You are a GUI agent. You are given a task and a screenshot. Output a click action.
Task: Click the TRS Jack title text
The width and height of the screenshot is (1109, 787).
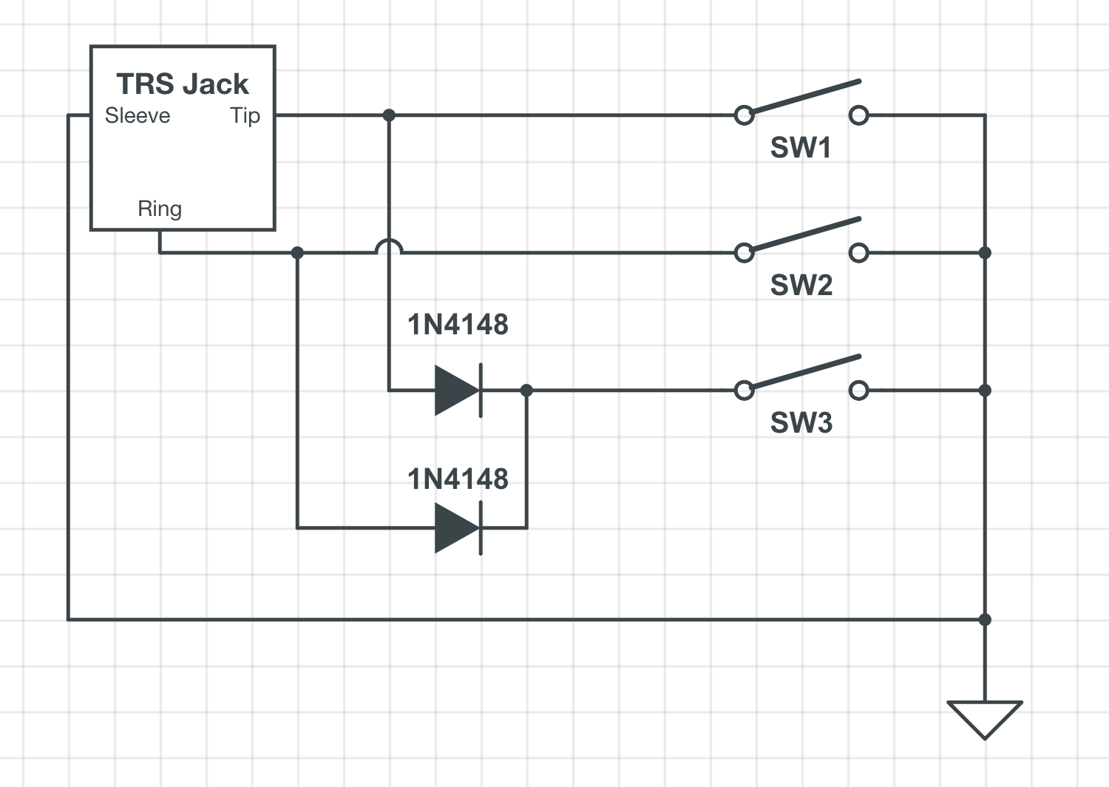pyautogui.click(x=182, y=84)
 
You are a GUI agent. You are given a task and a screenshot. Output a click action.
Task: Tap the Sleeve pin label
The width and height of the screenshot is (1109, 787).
pyautogui.click(x=138, y=116)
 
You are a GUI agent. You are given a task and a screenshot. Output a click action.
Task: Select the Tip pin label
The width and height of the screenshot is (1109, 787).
pyautogui.click(x=245, y=116)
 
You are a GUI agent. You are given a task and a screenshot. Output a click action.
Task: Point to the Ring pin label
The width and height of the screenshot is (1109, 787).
pyautogui.click(x=160, y=209)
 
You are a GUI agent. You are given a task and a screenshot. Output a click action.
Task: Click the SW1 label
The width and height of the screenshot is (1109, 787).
pyautogui.click(x=801, y=148)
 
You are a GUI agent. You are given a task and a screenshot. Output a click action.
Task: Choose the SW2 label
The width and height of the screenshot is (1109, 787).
pyautogui.click(x=801, y=286)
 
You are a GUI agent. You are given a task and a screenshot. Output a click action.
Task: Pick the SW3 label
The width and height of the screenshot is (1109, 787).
pyautogui.click(x=801, y=423)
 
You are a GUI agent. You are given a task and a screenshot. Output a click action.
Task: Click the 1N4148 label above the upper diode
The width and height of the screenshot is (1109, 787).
pyautogui.click(x=458, y=325)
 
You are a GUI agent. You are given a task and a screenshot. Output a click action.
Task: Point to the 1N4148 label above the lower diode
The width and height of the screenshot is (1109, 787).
pyautogui.click(x=458, y=479)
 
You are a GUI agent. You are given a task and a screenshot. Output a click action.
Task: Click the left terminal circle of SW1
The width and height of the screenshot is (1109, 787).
pyautogui.click(x=744, y=115)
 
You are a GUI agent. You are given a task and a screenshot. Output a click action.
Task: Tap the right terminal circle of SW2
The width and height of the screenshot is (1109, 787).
pyautogui.click(x=858, y=253)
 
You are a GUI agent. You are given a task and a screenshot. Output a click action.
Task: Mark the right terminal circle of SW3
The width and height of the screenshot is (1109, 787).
pyautogui.click(x=858, y=391)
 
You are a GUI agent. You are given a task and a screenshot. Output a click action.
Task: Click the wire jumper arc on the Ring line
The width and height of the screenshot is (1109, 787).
pyautogui.click(x=389, y=247)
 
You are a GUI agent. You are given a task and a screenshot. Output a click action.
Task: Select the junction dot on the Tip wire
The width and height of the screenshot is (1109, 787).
pyautogui.click(x=389, y=115)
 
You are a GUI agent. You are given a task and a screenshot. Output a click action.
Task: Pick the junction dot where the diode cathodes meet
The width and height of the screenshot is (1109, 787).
pyautogui.click(x=526, y=391)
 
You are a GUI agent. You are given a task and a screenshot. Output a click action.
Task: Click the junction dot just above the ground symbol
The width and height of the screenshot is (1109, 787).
pyautogui.click(x=985, y=620)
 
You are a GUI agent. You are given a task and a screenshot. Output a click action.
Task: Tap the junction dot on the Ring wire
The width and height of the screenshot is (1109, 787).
pyautogui.click(x=297, y=253)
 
